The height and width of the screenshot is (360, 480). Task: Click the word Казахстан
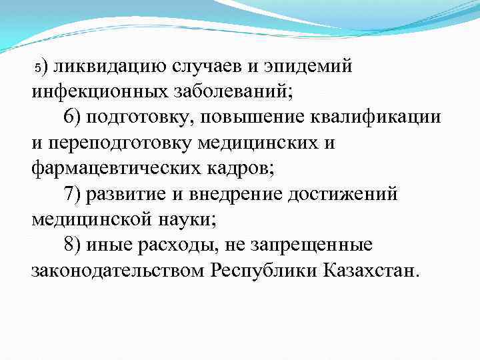363,271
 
